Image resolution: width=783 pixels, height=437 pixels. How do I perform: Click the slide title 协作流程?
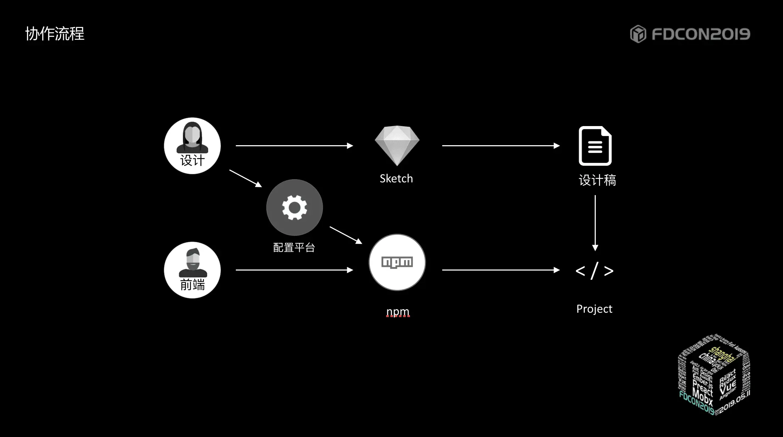(x=55, y=34)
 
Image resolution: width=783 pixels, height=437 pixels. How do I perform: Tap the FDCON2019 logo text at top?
(x=700, y=34)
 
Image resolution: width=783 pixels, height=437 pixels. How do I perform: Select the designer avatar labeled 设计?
(x=192, y=146)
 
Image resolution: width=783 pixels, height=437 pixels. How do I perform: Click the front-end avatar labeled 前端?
(x=192, y=270)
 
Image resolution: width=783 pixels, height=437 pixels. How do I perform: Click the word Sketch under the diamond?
(x=396, y=178)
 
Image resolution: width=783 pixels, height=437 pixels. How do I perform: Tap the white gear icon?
(x=294, y=208)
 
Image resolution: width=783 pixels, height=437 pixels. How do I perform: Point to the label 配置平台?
(x=294, y=248)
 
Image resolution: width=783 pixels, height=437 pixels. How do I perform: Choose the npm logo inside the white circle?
(x=397, y=262)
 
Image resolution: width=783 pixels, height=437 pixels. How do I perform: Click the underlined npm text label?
(x=398, y=312)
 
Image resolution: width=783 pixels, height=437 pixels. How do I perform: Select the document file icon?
(x=595, y=146)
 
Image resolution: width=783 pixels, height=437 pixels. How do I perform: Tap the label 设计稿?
(x=597, y=180)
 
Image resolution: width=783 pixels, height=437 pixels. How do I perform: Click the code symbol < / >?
(x=594, y=271)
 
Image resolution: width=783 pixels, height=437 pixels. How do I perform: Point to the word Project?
(x=594, y=309)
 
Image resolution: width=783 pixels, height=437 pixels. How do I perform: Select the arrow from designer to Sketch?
(x=294, y=146)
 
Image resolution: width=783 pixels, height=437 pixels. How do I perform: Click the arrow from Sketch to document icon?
(x=501, y=146)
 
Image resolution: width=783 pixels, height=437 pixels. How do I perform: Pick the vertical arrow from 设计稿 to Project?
(x=595, y=223)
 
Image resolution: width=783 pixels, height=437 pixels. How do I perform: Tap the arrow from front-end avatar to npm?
(x=294, y=270)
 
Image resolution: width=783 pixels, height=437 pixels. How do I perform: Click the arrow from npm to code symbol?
(x=501, y=270)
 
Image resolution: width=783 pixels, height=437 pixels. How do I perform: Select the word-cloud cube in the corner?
(x=714, y=374)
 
